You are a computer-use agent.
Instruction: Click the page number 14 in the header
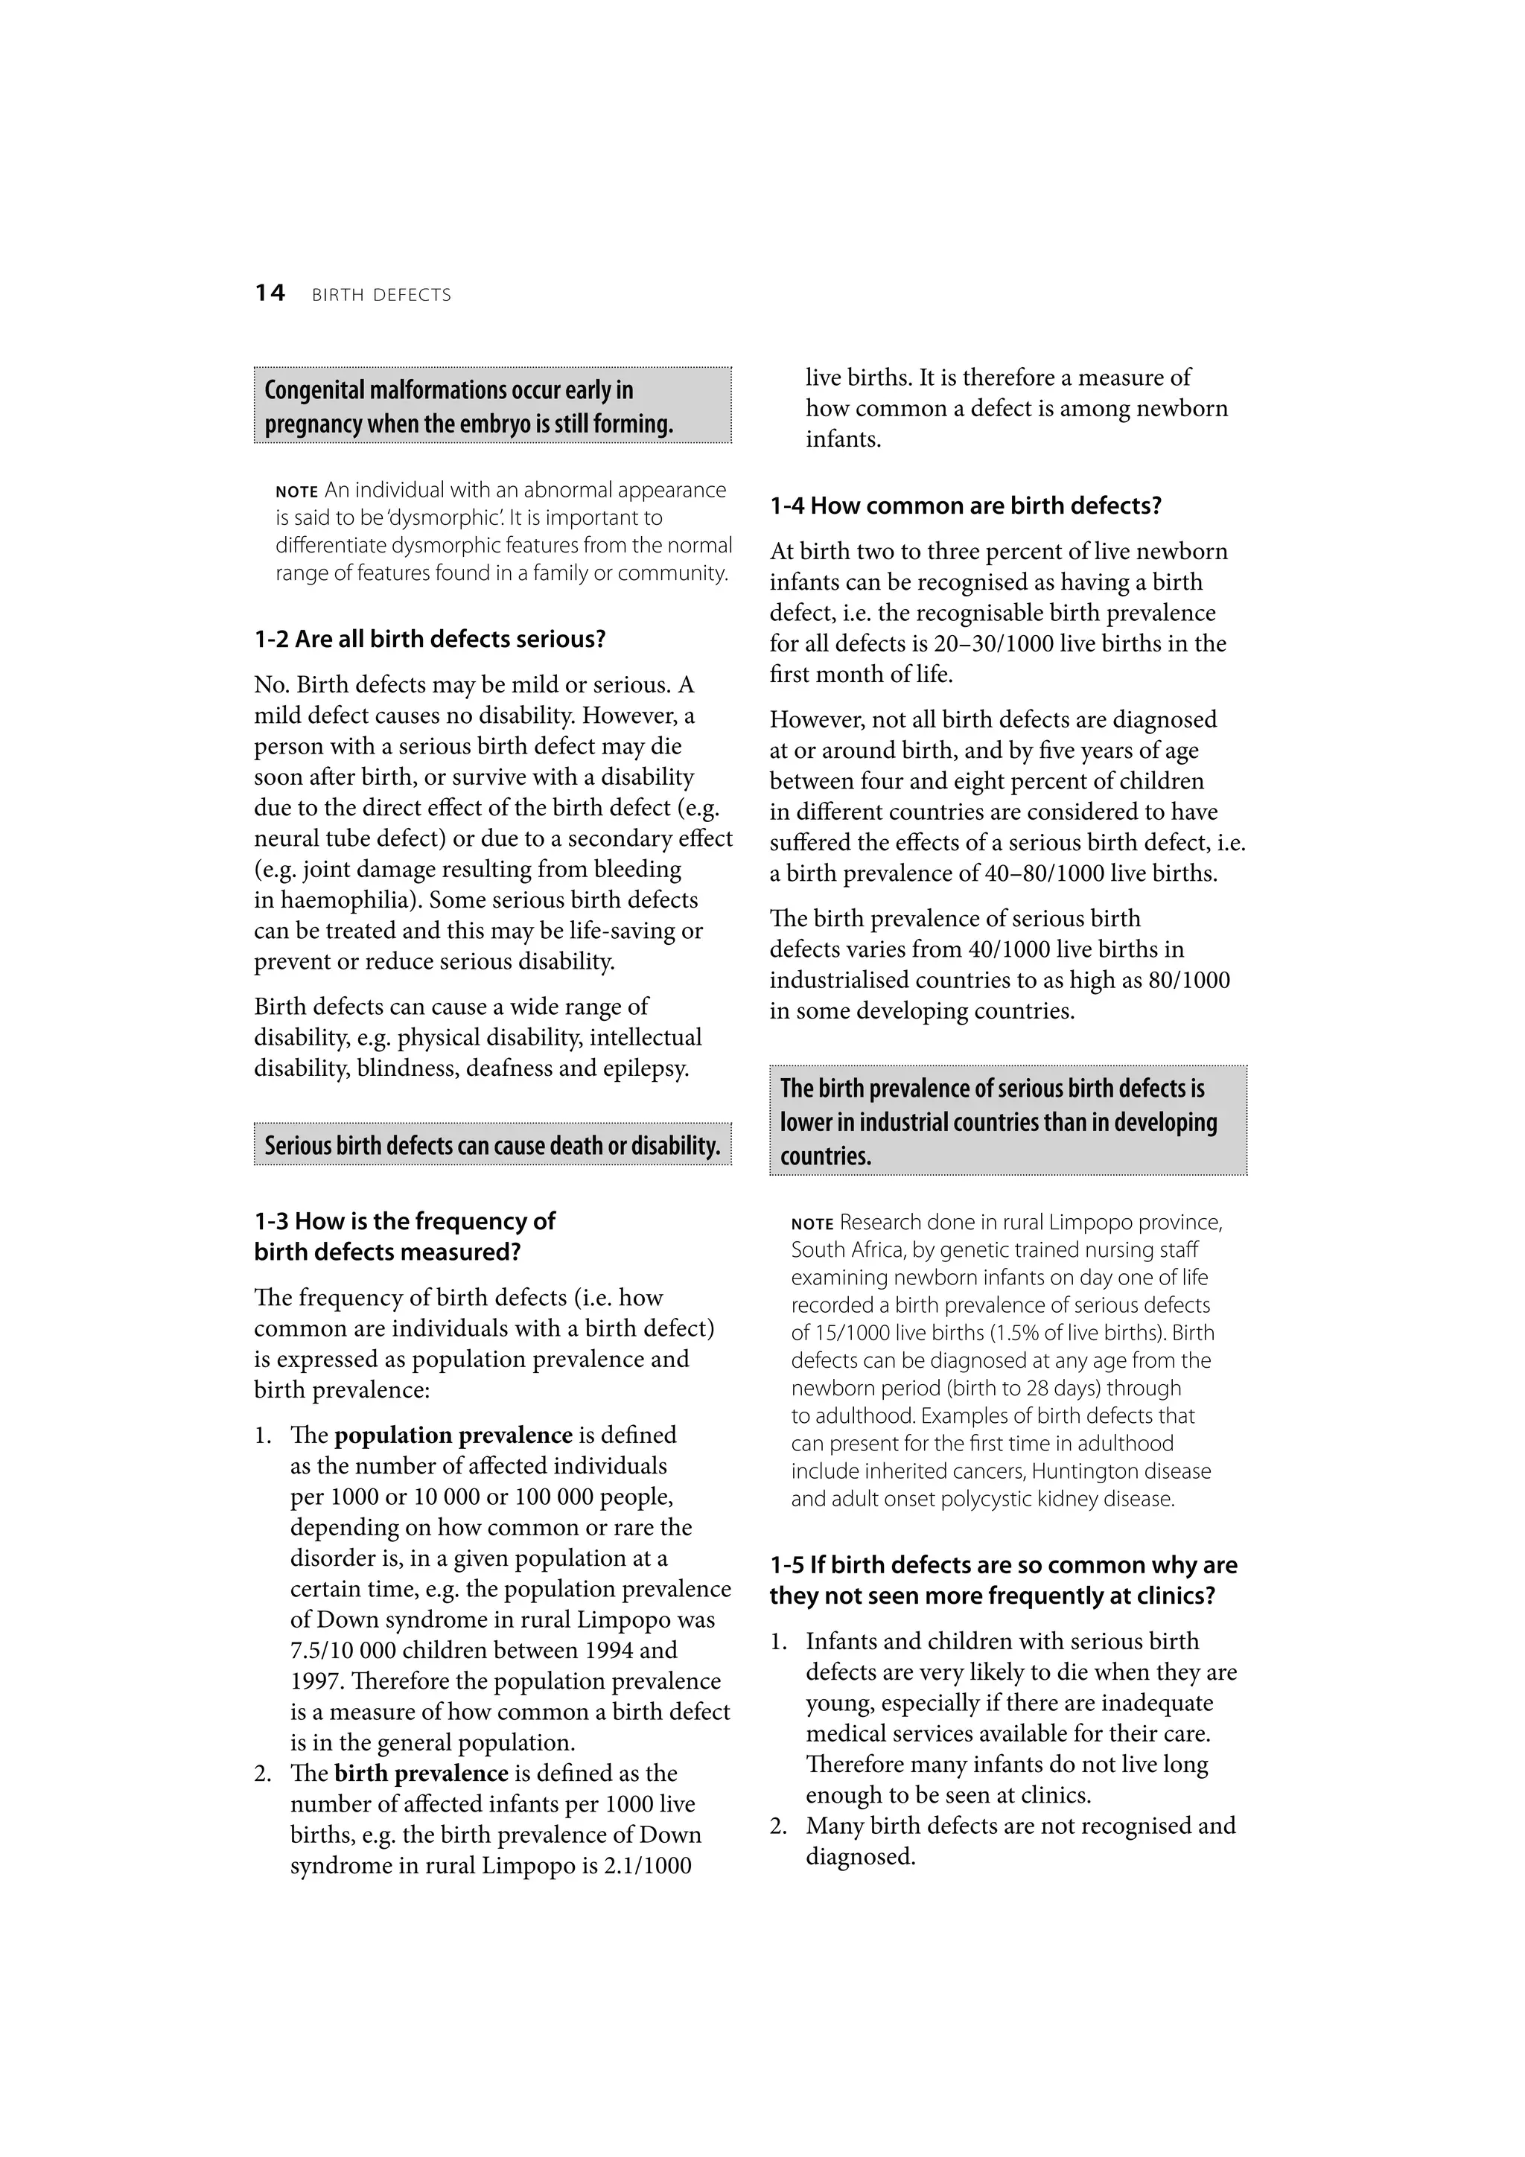pos(270,293)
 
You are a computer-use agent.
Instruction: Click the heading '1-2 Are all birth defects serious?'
pos(430,640)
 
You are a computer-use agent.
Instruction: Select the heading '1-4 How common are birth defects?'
pos(965,506)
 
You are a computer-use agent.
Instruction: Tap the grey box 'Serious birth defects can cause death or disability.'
pos(491,1145)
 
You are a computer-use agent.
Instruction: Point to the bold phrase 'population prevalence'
pos(453,1436)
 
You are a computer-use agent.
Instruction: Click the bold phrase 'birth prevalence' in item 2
pos(420,1774)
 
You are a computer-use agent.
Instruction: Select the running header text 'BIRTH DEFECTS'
pos(381,295)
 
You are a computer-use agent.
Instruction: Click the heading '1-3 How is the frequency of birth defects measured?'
pos(404,1236)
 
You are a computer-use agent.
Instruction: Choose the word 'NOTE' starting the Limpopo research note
pos(812,1224)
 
